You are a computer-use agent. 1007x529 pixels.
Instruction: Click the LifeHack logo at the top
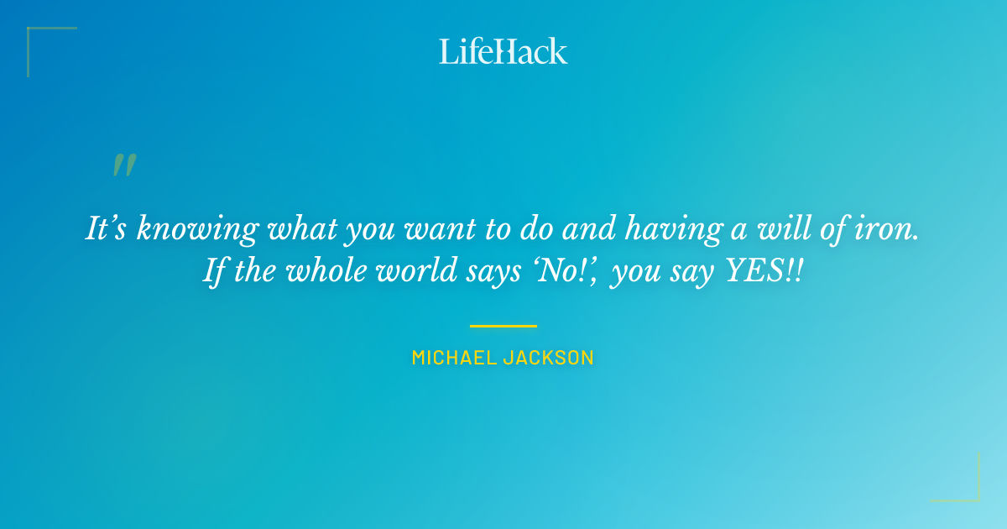pyautogui.click(x=503, y=51)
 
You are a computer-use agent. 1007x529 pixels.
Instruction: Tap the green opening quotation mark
pyautogui.click(x=123, y=165)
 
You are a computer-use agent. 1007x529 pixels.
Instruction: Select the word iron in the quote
pyautogui.click(x=891, y=228)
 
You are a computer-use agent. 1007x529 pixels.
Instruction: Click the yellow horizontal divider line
pyautogui.click(x=503, y=326)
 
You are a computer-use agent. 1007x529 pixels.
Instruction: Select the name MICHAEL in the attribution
pyautogui.click(x=454, y=358)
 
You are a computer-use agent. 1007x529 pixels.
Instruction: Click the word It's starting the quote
pyautogui.click(x=107, y=228)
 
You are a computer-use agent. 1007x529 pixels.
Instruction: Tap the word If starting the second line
pyautogui.click(x=212, y=274)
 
